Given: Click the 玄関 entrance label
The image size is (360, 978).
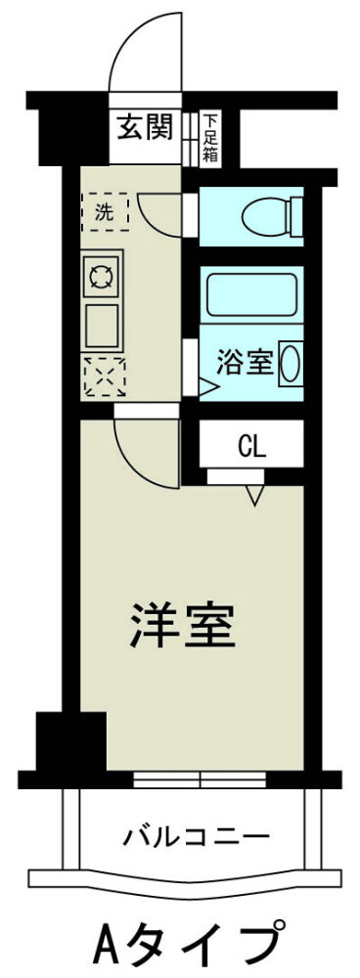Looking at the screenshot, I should pyautogui.click(x=146, y=127).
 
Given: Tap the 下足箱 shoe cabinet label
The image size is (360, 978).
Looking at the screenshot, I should pyautogui.click(x=211, y=138).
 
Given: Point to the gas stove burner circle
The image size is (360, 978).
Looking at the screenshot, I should pyautogui.click(x=102, y=277).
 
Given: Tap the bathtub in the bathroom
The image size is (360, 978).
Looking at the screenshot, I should pyautogui.click(x=251, y=293).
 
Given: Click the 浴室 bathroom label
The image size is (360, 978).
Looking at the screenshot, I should pyautogui.click(x=244, y=361).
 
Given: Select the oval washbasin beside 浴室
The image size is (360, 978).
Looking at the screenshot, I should pyautogui.click(x=291, y=363).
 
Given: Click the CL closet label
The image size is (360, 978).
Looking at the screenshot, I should pyautogui.click(x=251, y=448).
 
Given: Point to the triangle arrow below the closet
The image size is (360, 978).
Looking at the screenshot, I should pyautogui.click(x=255, y=497).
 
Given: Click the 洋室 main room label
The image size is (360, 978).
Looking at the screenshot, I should pyautogui.click(x=183, y=626).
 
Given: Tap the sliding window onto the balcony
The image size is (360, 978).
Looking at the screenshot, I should pyautogui.click(x=201, y=779).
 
